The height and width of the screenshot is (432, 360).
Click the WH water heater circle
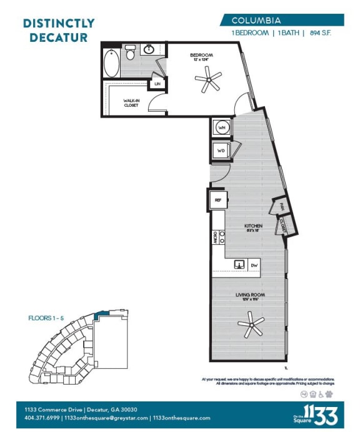coord(221,127)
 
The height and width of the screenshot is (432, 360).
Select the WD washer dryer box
coord(221,151)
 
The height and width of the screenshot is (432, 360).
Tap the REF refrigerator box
coord(218,200)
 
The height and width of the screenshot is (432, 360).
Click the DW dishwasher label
coord(254,265)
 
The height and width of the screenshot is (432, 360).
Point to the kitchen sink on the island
coord(239,265)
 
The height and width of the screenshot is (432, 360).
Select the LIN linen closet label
coord(157,83)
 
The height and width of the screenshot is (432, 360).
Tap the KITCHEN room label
coord(253,225)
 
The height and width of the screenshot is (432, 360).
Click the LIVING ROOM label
coord(247,295)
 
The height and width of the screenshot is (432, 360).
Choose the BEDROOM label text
coord(202,56)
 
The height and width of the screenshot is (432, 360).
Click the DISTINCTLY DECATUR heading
coord(59,30)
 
